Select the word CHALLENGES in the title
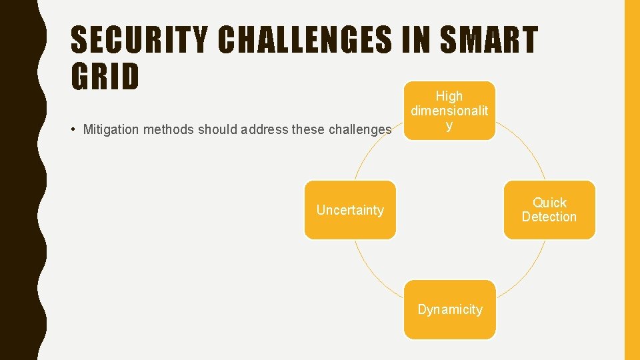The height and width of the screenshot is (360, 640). click(x=305, y=41)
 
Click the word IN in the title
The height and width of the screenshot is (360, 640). click(x=418, y=41)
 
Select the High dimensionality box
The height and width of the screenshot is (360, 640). click(x=449, y=111)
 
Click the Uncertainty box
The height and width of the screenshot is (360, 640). click(x=350, y=210)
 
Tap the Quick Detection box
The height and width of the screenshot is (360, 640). click(x=549, y=210)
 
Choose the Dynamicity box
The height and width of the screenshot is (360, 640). click(x=449, y=309)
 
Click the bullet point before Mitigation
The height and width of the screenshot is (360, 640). click(x=75, y=129)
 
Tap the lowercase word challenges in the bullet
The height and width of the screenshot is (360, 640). click(x=361, y=129)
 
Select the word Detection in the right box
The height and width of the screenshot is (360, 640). click(x=549, y=217)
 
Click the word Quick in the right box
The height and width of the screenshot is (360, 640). click(x=549, y=203)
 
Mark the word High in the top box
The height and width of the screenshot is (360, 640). click(x=449, y=96)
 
